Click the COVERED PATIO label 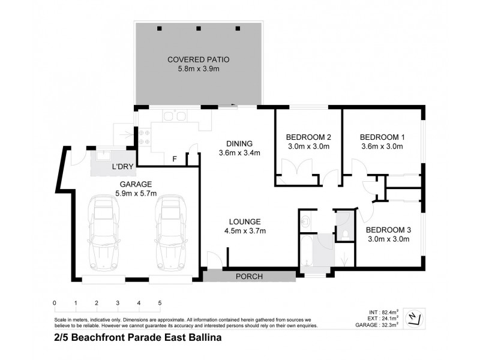coord(199,60)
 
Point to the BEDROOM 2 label coord(308,136)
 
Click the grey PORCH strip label coord(248,277)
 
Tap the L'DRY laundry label coord(123,166)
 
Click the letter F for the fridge coord(175,159)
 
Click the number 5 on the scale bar coord(160,302)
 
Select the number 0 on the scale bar coord(55,302)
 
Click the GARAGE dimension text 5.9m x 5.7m coord(136,193)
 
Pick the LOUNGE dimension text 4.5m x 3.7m coord(245,230)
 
